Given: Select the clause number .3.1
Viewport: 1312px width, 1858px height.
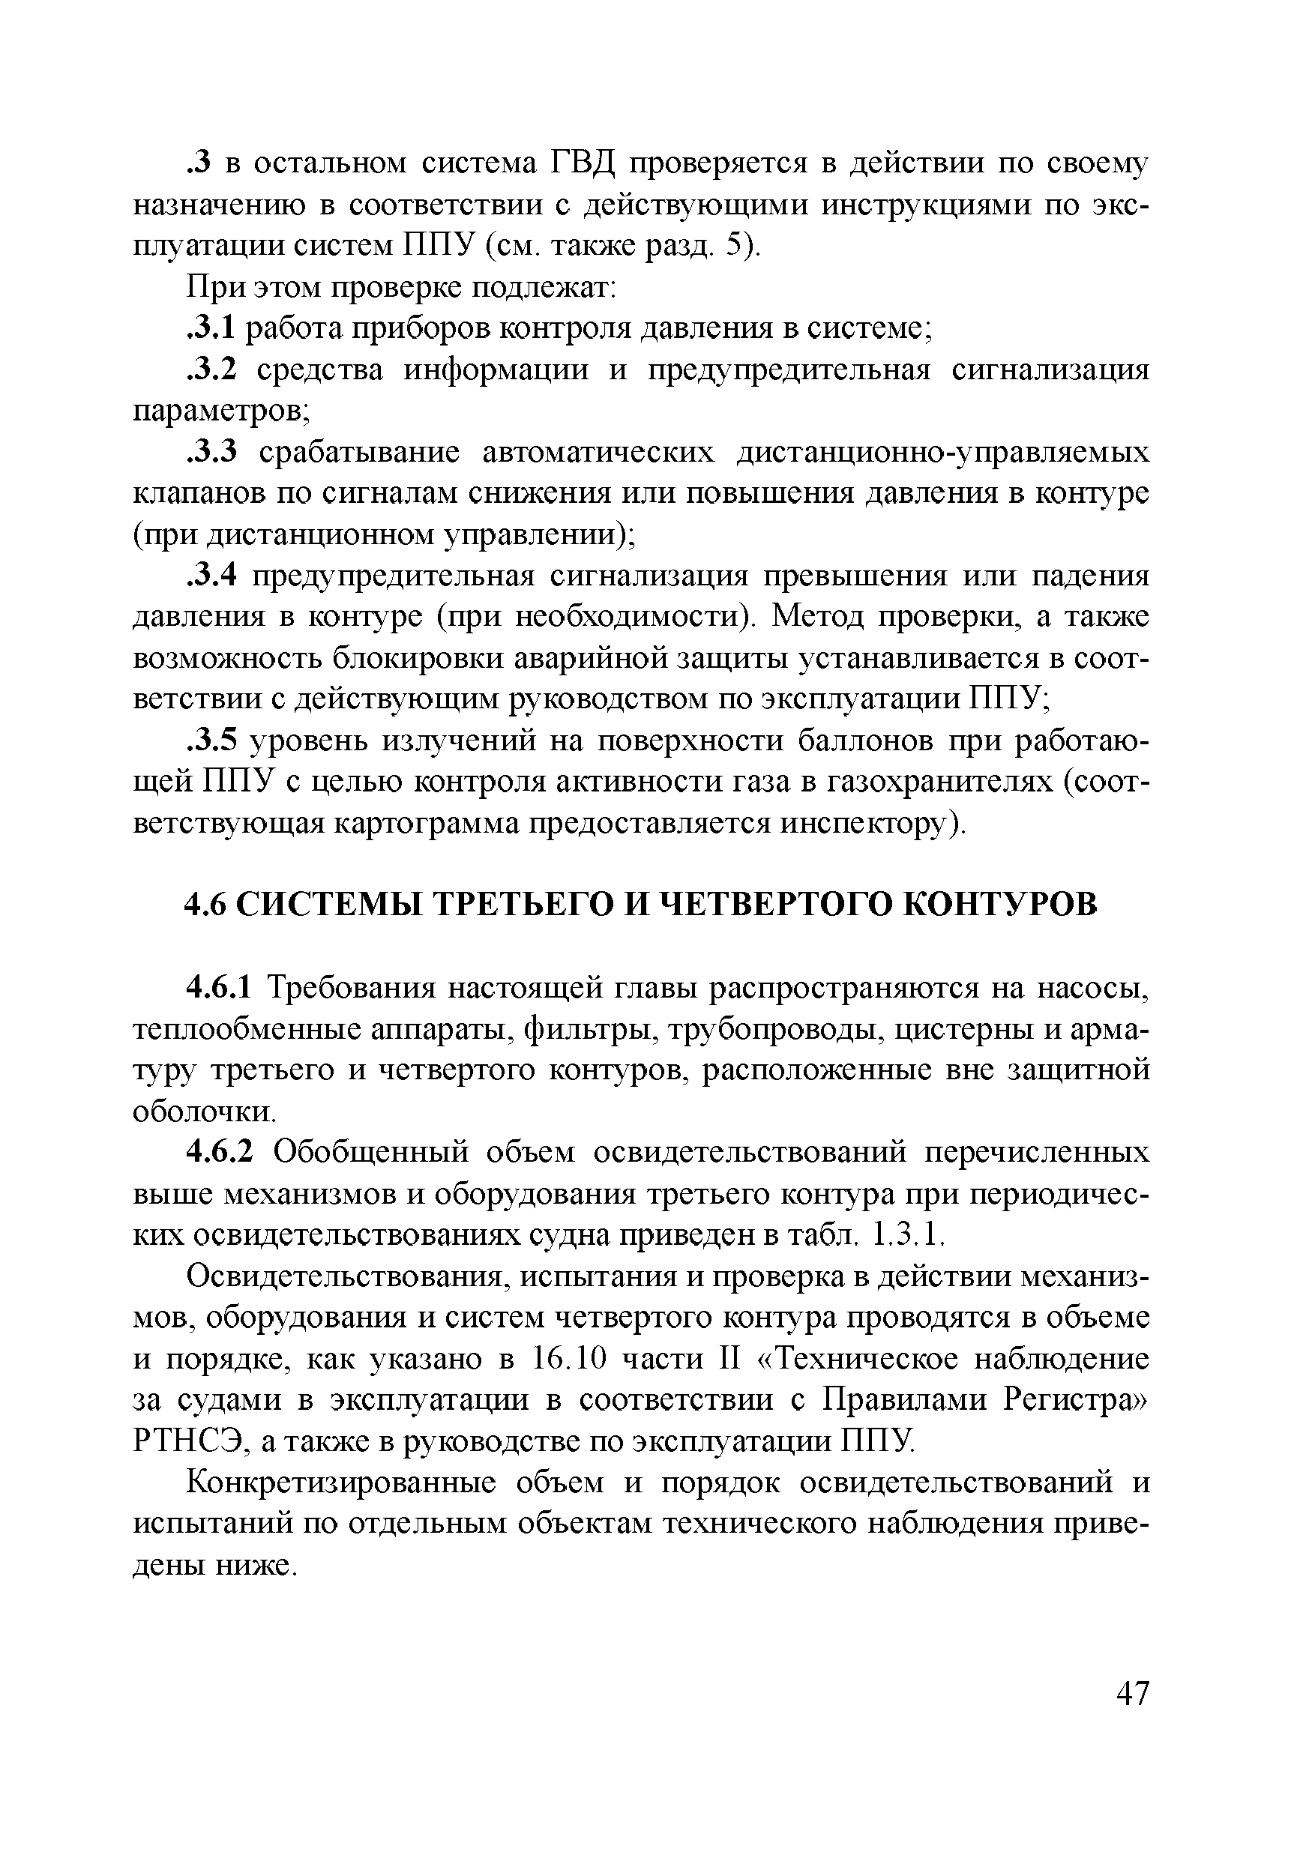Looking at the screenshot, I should coord(211,328).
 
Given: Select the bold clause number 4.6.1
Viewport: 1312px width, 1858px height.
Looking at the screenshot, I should coord(220,988).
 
